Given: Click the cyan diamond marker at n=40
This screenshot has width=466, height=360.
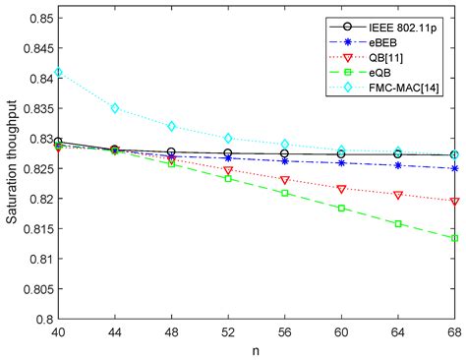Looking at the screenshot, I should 59,72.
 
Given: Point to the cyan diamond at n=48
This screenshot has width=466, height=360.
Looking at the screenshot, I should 172,126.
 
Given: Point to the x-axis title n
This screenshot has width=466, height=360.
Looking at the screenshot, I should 257,350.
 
